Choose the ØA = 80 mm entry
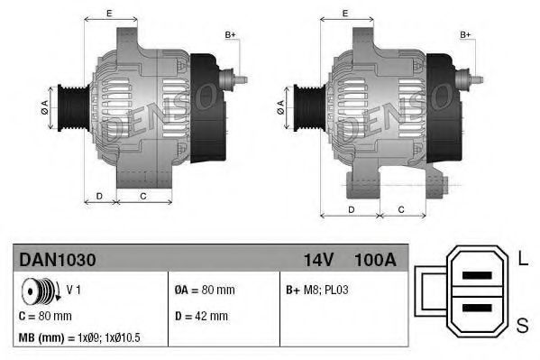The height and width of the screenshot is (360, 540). tap(204, 291)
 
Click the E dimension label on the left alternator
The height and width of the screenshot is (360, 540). tap(108, 13)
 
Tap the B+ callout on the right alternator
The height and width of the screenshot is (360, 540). tap(466, 35)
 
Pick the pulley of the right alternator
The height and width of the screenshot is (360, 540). tap(303, 107)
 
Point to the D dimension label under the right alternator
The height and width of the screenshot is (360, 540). tap(352, 208)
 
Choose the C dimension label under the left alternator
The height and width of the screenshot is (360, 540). tap(143, 195)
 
